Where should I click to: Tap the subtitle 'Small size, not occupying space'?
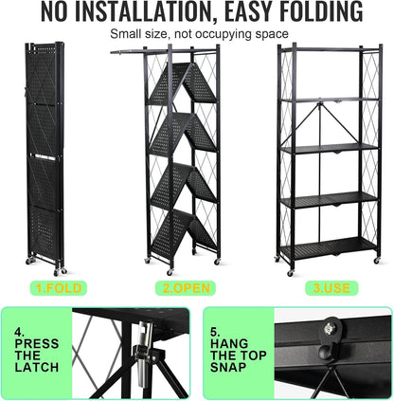[196, 34]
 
